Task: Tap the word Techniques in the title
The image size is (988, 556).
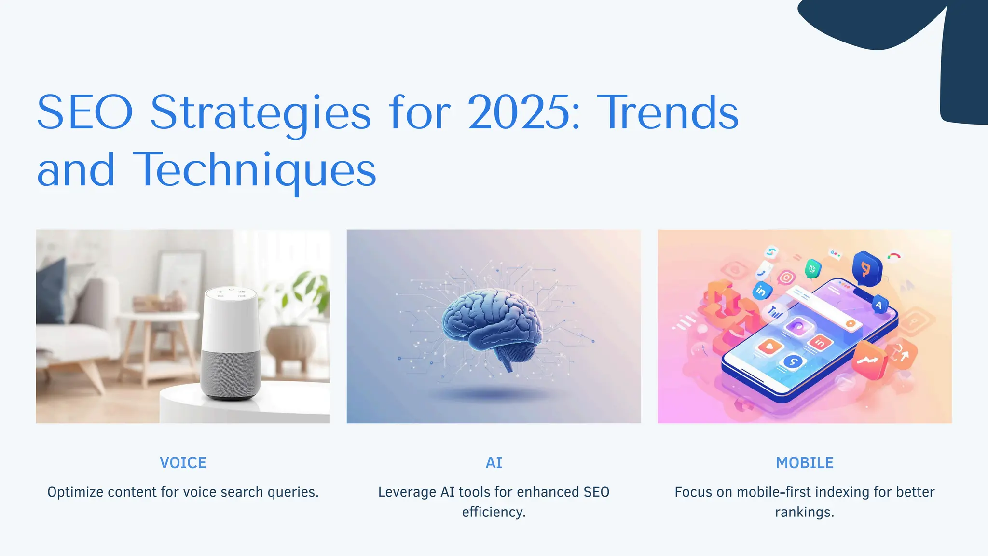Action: (x=254, y=170)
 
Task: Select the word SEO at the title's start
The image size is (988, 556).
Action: (x=85, y=112)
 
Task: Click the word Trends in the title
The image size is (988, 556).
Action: (x=668, y=112)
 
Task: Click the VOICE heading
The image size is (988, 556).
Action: (x=183, y=463)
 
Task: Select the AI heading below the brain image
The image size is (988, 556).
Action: (x=494, y=463)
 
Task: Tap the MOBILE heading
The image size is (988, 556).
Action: (x=804, y=463)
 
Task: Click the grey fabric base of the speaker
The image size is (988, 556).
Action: (x=231, y=374)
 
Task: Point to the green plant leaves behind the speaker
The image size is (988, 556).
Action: (x=309, y=290)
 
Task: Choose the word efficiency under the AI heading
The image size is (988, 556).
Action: (x=494, y=512)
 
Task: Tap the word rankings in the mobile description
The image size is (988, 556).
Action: (x=804, y=512)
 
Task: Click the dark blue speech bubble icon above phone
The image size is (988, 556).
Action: (x=866, y=268)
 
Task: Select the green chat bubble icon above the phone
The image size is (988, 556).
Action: (x=813, y=268)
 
